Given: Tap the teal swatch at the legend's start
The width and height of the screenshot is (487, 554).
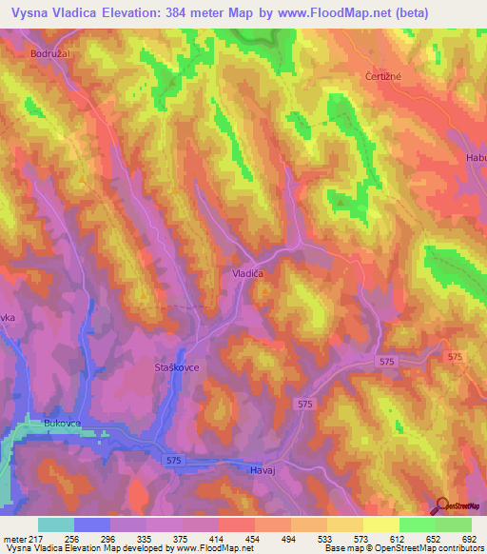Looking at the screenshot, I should (56, 524).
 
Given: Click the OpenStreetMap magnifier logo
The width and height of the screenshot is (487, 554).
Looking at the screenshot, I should (442, 505).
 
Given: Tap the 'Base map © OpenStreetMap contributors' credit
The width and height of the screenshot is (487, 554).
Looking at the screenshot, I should (401, 548).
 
